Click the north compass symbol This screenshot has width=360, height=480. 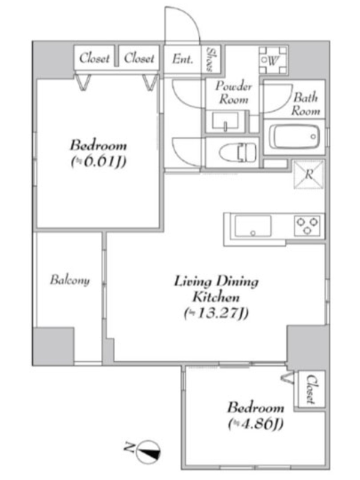[x=148, y=452]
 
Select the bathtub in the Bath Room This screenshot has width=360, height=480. [x=295, y=137]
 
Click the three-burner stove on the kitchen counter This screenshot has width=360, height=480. [x=307, y=226]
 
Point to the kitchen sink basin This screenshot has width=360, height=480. [x=253, y=226]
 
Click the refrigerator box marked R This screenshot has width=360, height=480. [x=309, y=175]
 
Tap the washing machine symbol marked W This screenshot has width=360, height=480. [x=273, y=60]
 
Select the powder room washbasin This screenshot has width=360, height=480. [x=226, y=121]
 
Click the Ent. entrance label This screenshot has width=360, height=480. [x=183, y=58]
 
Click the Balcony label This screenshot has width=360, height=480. [x=70, y=280]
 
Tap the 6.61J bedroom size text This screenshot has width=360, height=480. [x=98, y=161]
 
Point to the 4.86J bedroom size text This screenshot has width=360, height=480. [x=256, y=424]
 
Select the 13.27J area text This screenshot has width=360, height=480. [x=216, y=313]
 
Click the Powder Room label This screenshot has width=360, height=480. [x=233, y=92]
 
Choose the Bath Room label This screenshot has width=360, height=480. [x=306, y=104]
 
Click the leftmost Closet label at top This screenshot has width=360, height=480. [x=94, y=58]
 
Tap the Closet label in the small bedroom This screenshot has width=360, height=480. [x=311, y=389]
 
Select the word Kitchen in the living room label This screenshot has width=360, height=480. [x=216, y=297]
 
